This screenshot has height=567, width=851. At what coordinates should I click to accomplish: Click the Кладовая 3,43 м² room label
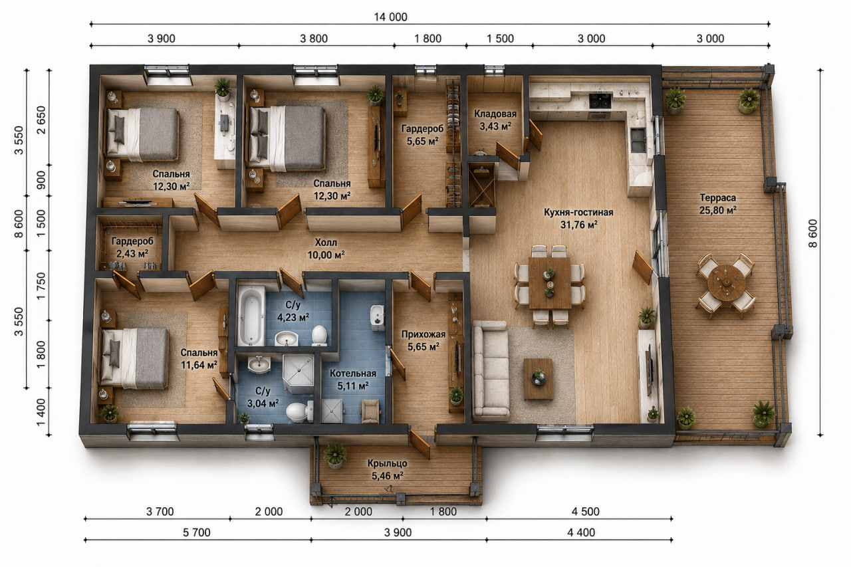tap(495, 120)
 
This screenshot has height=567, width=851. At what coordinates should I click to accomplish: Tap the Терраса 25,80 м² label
tap(717, 203)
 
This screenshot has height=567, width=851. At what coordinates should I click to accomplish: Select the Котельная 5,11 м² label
tap(353, 380)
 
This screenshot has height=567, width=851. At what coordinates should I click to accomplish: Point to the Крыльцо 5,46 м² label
tap(387, 469)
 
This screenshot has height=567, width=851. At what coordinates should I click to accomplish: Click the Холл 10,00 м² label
tap(326, 249)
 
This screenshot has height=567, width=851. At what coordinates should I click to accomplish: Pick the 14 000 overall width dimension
tap(390, 17)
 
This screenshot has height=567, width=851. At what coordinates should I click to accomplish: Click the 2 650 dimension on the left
tap(41, 120)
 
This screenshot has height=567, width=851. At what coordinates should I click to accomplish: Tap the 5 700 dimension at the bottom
tap(196, 532)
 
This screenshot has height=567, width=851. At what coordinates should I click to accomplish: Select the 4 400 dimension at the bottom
tap(581, 532)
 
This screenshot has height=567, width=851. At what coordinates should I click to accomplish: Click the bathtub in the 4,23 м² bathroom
tap(251, 316)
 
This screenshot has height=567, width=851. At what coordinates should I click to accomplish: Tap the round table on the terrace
tap(727, 283)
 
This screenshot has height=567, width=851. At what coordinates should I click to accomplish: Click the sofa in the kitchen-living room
tap(490, 370)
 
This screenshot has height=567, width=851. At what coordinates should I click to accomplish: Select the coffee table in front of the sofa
tap(538, 379)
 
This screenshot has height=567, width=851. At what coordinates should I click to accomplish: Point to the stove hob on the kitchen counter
tap(600, 100)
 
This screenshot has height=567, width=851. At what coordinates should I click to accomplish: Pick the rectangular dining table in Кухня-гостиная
tap(550, 283)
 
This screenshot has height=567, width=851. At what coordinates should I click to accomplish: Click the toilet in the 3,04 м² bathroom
tap(299, 411)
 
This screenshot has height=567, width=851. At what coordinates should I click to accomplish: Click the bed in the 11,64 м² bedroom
tap(134, 358)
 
